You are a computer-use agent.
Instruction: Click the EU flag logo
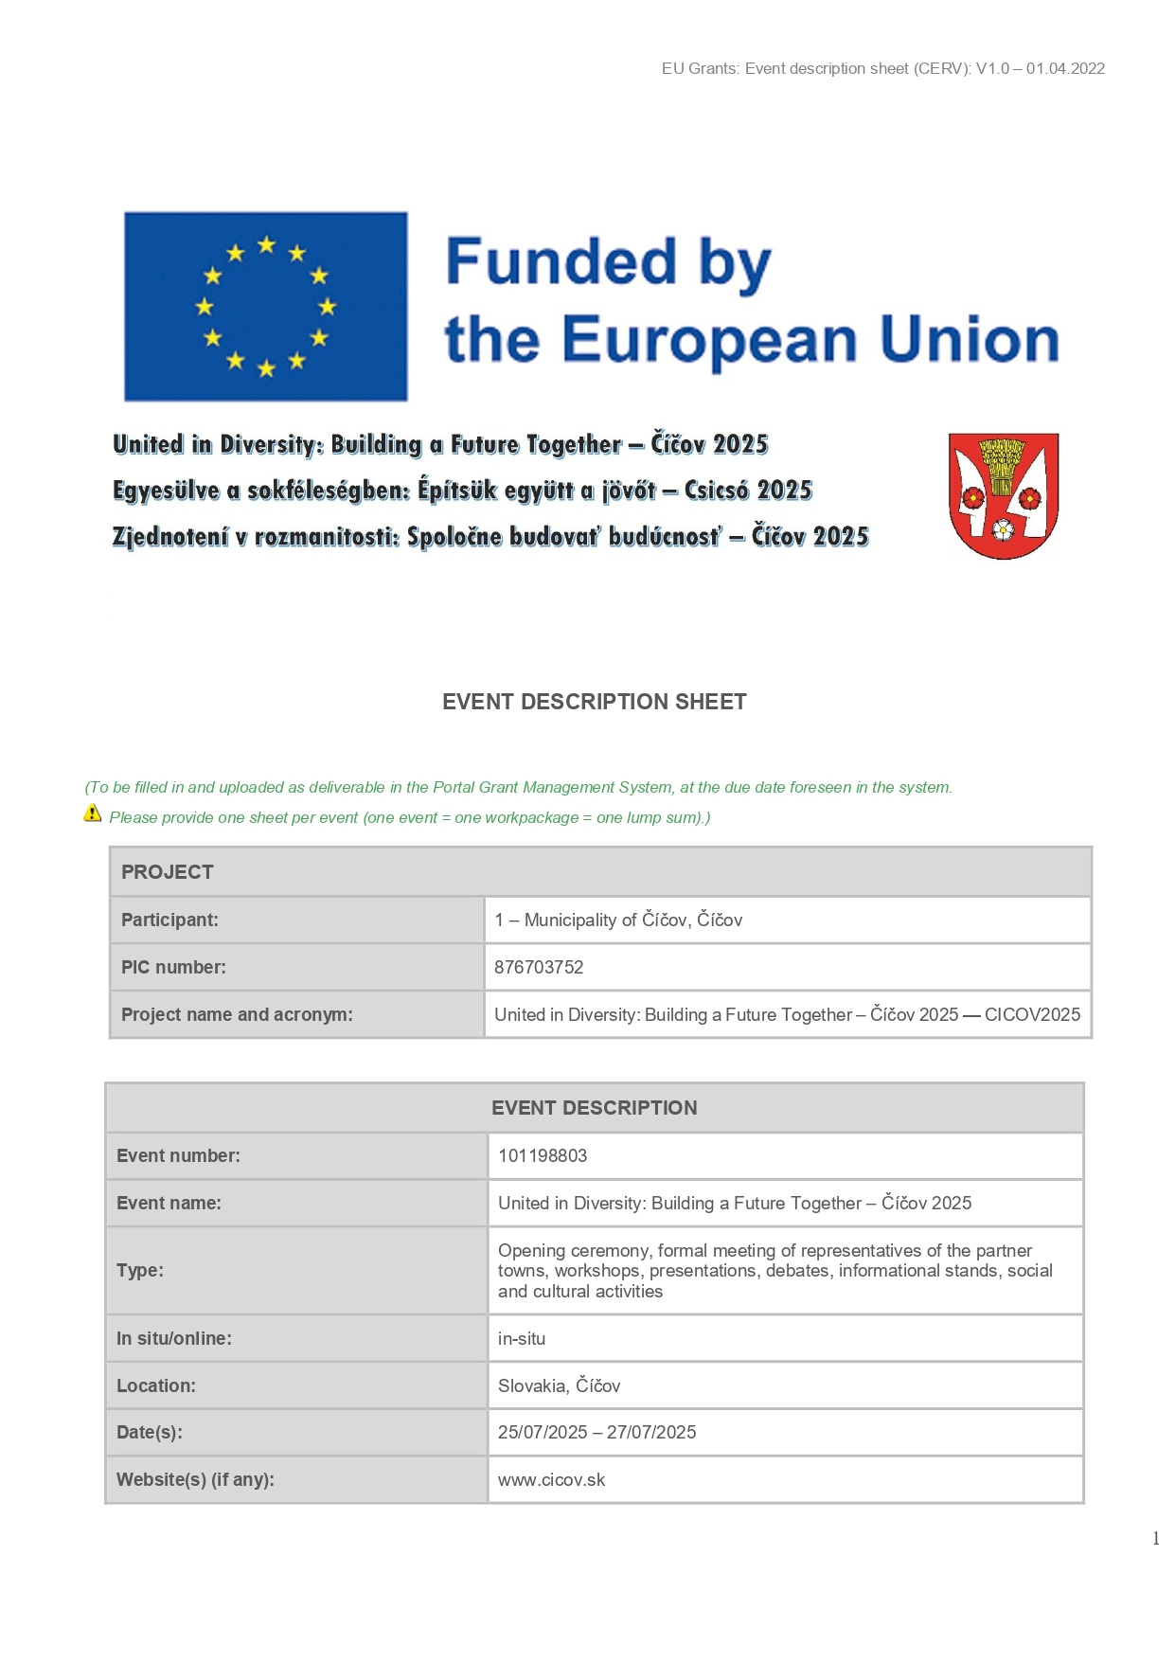[266, 306]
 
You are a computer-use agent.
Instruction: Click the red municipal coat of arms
[1003, 495]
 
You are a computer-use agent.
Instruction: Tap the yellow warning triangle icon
[93, 813]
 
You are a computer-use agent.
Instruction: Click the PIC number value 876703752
[539, 967]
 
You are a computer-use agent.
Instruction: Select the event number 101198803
[543, 1155]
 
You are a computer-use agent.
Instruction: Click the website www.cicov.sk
[551, 1479]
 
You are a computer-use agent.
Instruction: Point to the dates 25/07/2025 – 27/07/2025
[596, 1432]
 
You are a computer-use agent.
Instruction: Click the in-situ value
[522, 1338]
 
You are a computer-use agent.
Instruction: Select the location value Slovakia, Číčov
[559, 1385]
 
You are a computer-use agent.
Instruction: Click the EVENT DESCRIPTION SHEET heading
[594, 702]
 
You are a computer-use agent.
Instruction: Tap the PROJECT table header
[168, 872]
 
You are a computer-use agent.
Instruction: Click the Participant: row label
[169, 920]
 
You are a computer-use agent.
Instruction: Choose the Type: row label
[140, 1270]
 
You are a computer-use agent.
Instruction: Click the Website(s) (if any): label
[195, 1479]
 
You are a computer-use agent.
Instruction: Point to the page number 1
[1155, 1539]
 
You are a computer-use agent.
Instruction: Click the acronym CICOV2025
[1032, 1014]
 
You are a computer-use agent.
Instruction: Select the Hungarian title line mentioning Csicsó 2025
[462, 491]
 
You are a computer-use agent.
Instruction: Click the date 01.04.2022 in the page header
[1065, 68]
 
